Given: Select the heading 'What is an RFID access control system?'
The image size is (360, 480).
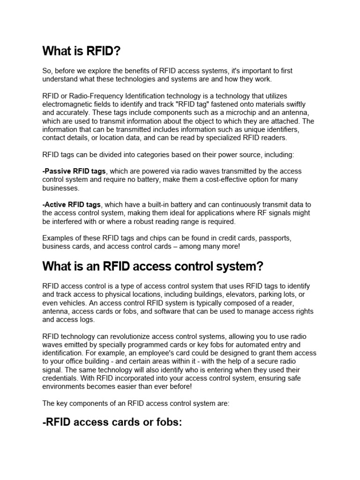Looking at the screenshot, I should point(153,267).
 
